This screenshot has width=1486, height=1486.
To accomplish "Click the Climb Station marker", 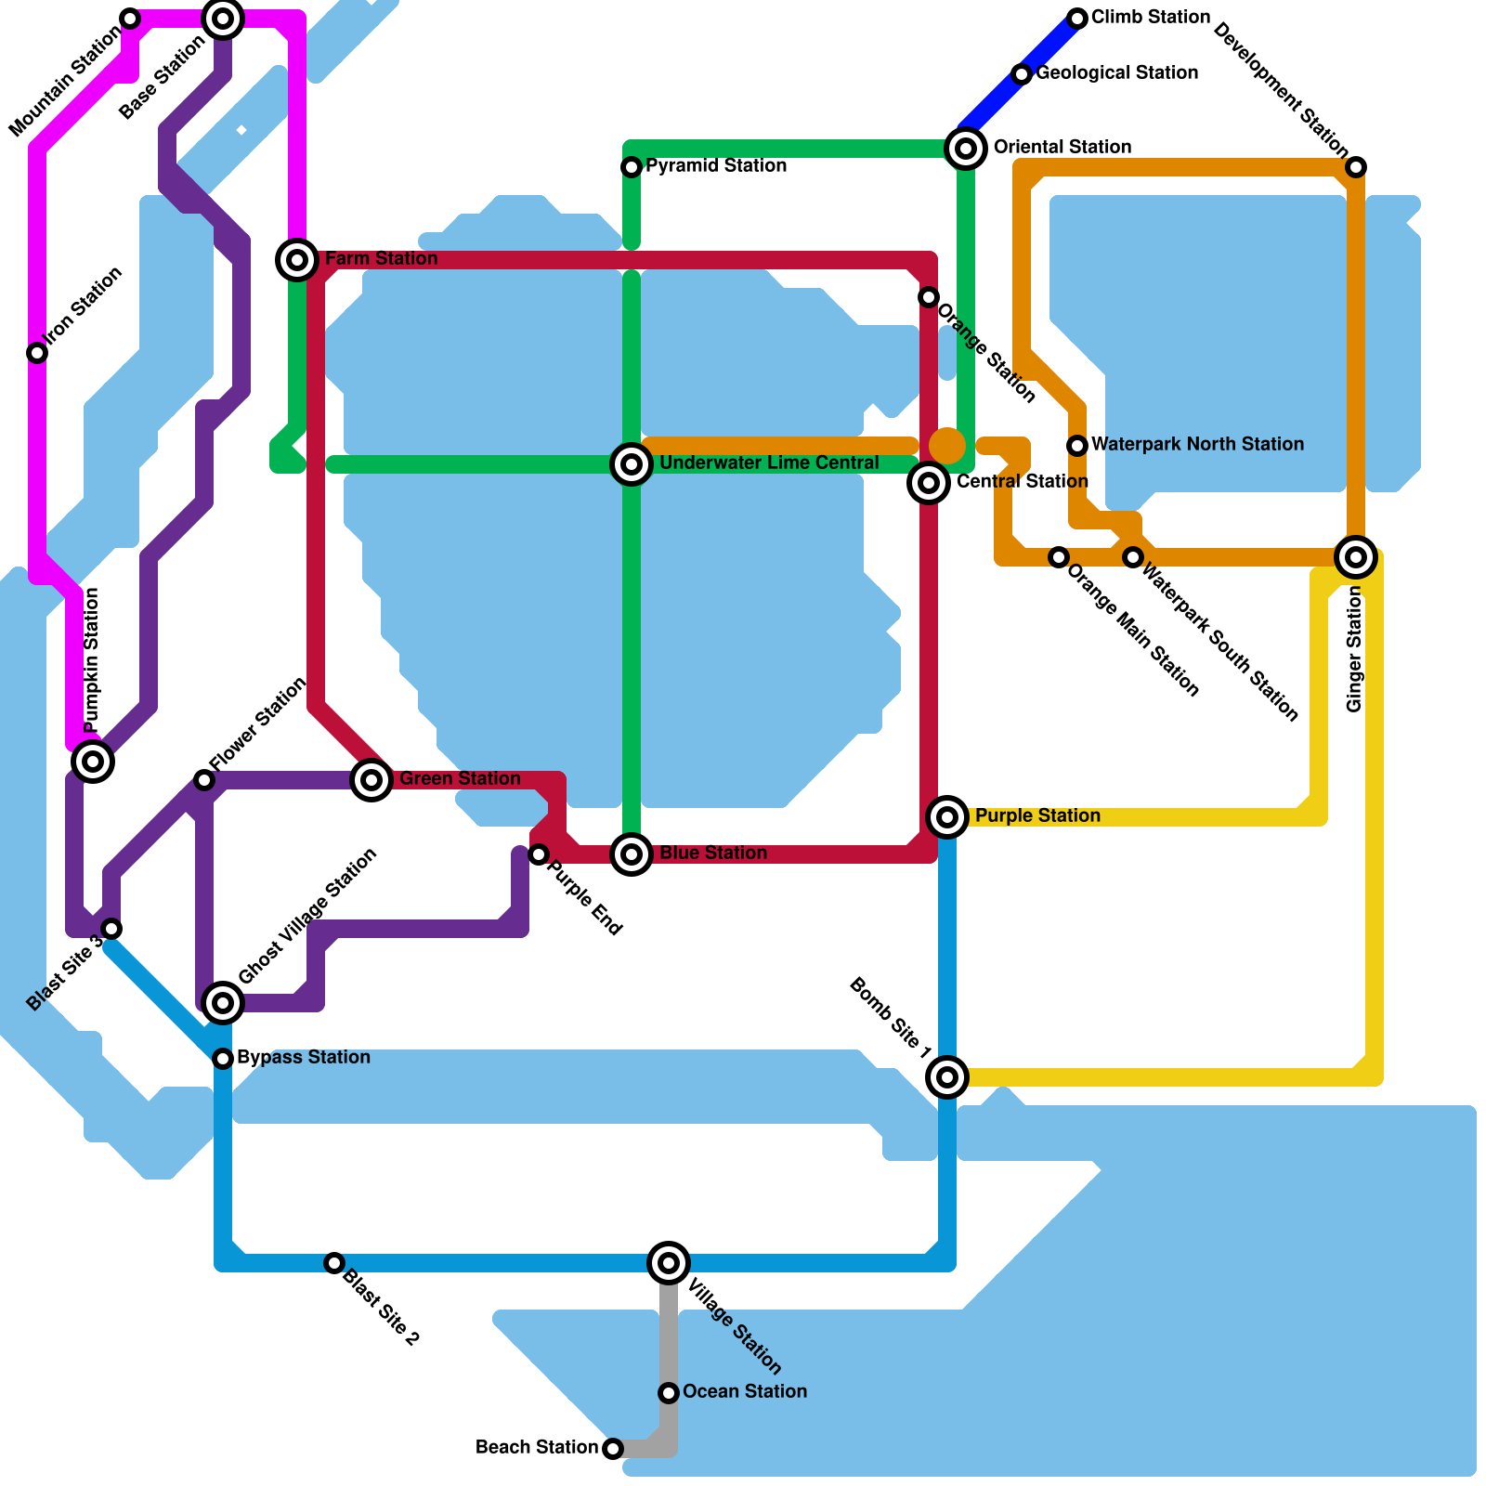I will point(1077,19).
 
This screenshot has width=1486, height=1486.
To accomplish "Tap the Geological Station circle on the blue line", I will point(1022,74).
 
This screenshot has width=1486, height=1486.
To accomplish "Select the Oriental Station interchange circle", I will point(966,148).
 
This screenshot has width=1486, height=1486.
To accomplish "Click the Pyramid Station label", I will point(716,166).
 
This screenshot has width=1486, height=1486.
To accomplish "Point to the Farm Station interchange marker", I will point(297,260).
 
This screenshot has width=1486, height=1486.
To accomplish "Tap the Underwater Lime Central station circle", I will point(632,463).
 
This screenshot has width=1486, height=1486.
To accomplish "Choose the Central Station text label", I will point(1022,481).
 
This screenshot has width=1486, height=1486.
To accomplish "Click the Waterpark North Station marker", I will point(1077,446).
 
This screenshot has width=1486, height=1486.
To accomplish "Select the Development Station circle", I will point(1356,167).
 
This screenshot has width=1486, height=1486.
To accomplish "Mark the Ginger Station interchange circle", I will point(1356,557).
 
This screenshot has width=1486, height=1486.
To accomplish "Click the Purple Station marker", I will point(947,816).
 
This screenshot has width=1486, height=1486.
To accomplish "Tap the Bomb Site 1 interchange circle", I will point(947,1076).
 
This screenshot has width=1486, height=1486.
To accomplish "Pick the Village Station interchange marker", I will point(669,1262).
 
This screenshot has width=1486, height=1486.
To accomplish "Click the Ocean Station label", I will point(744,1391).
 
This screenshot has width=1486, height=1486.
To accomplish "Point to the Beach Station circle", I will point(613,1448).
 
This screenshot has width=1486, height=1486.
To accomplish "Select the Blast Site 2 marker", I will point(334,1262).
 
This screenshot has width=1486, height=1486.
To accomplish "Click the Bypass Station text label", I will point(303,1057).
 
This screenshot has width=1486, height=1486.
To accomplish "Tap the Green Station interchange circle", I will point(371,779).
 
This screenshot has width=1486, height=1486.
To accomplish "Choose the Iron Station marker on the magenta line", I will point(37,353).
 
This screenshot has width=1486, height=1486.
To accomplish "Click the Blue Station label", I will point(712,853).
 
